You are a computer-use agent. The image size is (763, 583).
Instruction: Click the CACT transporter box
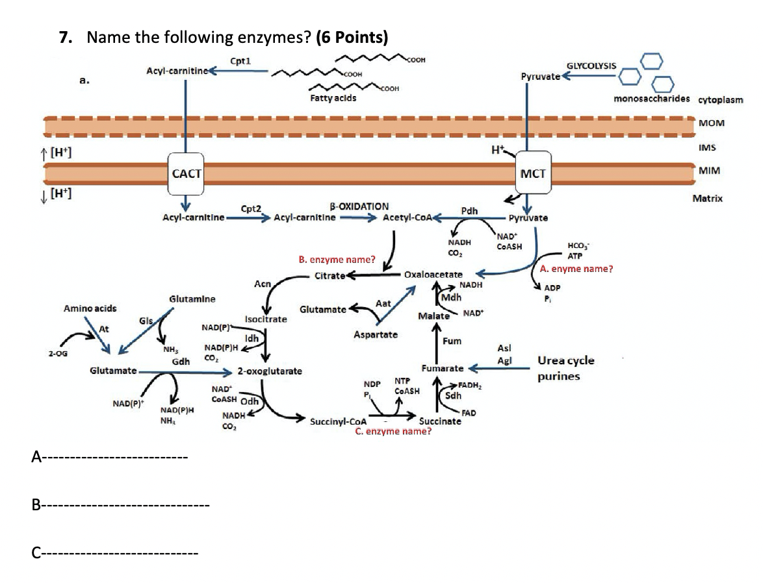[x=186, y=173]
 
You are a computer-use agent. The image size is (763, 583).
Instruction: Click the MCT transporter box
[x=533, y=173]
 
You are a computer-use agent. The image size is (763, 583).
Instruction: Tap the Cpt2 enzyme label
[x=251, y=209]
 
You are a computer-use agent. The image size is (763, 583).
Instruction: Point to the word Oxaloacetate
[x=433, y=275]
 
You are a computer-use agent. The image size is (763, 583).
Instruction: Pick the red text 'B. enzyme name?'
[x=336, y=260]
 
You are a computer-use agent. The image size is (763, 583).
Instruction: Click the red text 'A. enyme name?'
[x=576, y=268]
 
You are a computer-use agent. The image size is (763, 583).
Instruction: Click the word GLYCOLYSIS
[x=591, y=66]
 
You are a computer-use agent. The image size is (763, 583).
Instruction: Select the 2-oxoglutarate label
[x=269, y=372]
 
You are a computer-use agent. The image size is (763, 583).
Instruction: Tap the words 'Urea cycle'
[x=565, y=360]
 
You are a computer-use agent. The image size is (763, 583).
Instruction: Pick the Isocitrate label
[x=266, y=319]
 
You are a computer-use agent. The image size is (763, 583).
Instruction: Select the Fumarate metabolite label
[x=442, y=368]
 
